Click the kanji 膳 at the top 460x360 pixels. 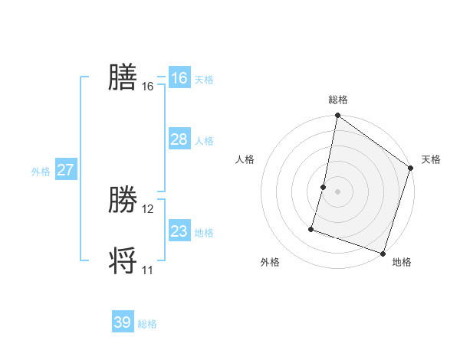123,77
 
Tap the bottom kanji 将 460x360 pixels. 123,260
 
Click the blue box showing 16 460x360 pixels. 179,78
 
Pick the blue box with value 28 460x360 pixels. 179,139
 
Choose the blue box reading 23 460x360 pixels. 179,231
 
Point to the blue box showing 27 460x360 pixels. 65,170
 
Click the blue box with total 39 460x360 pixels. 123,322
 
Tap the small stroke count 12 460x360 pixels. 148,209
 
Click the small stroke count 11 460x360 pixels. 148,270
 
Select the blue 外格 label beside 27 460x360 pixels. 41,172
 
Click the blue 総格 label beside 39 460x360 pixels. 147,324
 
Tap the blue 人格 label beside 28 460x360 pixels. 204,141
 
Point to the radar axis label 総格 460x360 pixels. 338,100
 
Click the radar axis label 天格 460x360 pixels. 431,159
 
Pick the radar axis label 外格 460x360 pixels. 270,262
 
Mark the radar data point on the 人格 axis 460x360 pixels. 324,187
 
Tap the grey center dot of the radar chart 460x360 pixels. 338,191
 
